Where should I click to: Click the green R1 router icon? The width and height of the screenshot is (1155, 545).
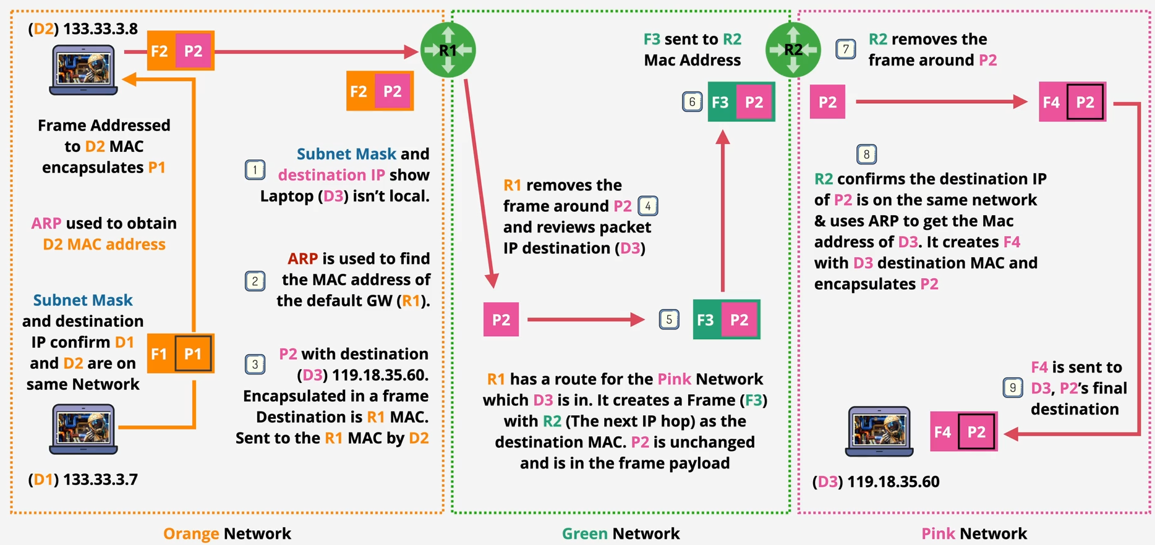[448, 50]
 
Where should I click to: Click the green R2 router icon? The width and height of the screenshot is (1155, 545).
[793, 50]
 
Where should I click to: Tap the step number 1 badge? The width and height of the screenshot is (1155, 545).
[255, 170]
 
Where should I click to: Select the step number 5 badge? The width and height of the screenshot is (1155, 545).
[668, 319]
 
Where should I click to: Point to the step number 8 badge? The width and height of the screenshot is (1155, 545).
[866, 154]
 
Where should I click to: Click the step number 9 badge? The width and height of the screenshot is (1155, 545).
[1012, 387]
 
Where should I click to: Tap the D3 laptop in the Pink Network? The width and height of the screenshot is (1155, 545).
[879, 431]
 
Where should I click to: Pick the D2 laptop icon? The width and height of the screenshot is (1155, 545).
[83, 69]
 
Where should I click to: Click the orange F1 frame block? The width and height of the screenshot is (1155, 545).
[160, 353]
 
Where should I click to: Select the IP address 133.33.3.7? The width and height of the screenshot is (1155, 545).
[100, 480]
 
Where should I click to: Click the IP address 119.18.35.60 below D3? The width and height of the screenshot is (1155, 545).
[893, 482]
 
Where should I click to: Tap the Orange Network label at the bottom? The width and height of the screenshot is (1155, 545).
[227, 533]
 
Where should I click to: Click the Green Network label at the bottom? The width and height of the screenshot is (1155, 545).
[620, 533]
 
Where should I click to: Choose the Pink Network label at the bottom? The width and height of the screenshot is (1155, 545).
[974, 533]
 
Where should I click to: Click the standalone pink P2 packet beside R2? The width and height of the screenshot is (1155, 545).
[827, 102]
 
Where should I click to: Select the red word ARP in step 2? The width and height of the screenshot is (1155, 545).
[302, 258]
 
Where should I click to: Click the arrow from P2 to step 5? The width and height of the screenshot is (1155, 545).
[584, 319]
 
